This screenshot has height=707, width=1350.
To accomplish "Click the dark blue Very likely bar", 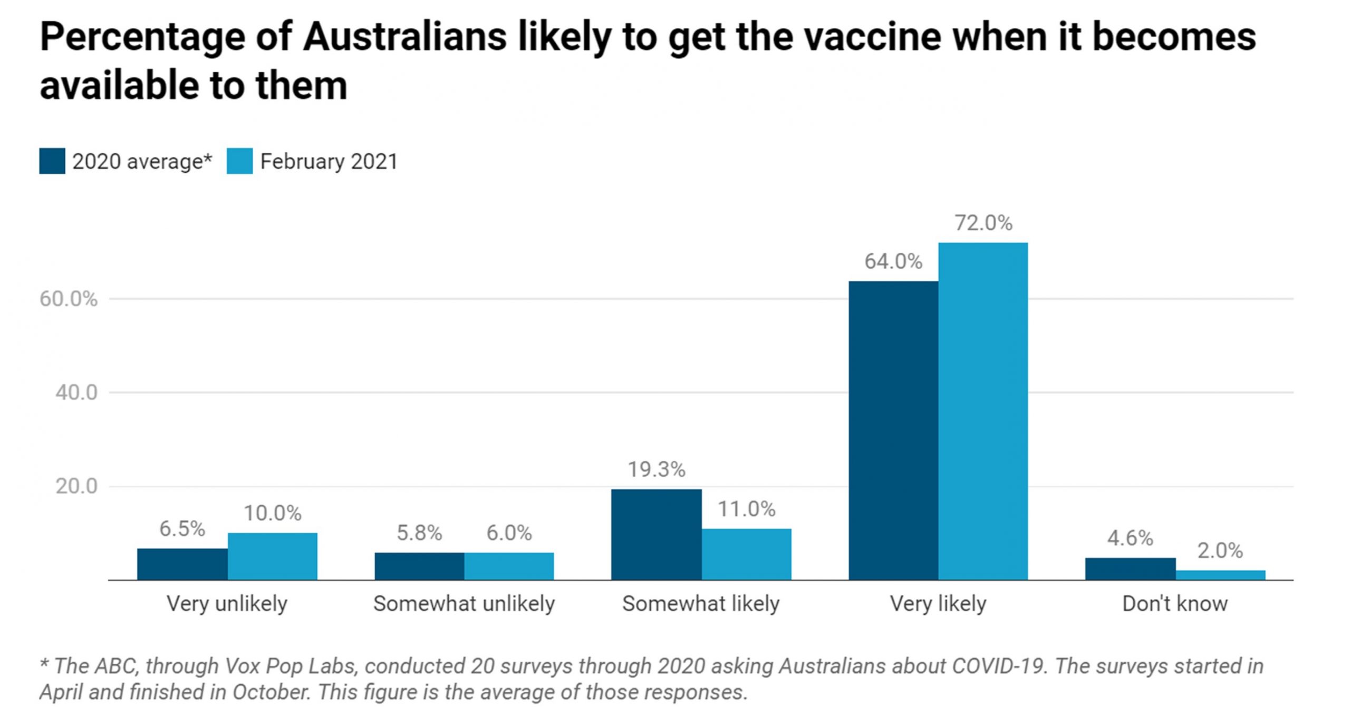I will click(893, 430).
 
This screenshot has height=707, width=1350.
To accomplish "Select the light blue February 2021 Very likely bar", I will click(983, 411).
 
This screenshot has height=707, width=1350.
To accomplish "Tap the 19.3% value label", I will click(657, 469).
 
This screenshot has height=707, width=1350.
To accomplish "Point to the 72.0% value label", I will click(983, 223).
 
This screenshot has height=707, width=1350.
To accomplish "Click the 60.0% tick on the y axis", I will click(69, 299).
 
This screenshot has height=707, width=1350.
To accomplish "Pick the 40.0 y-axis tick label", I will click(76, 392).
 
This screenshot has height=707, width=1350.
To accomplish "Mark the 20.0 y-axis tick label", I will click(76, 486).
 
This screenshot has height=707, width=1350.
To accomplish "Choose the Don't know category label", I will click(1175, 604).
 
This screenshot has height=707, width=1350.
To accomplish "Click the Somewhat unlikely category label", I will click(464, 604).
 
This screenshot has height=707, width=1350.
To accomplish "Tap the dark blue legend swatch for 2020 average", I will click(52, 161).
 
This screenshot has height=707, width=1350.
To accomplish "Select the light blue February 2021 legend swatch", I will click(240, 161).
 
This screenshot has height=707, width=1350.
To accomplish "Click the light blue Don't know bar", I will click(1220, 575).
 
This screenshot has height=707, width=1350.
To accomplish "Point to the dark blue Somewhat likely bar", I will click(657, 534).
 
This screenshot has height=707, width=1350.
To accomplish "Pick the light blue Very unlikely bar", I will click(273, 556).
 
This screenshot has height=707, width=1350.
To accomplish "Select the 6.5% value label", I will click(182, 529).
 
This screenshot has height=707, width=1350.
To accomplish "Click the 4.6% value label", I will click(1130, 538).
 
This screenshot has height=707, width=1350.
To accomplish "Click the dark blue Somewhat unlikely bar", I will click(419, 566).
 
